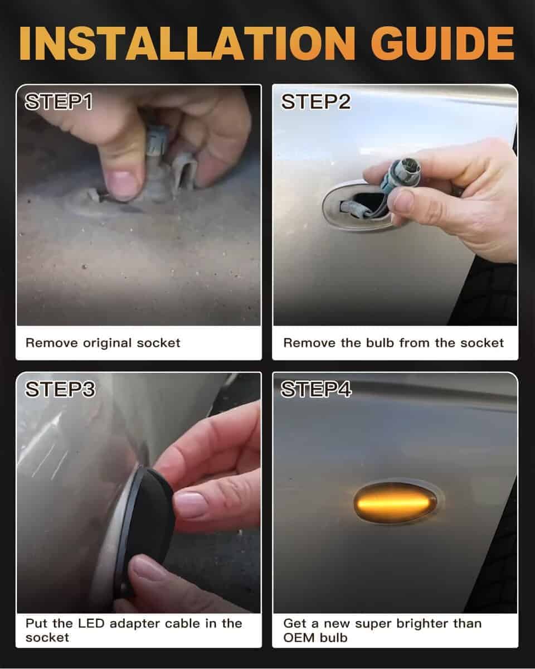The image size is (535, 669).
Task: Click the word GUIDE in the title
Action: click(x=442, y=43)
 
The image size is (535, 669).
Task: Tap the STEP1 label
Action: click(x=59, y=101)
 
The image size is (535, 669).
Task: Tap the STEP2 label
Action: click(x=316, y=101)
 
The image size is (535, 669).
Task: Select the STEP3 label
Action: click(x=60, y=389)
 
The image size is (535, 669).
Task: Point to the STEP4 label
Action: click(x=316, y=389)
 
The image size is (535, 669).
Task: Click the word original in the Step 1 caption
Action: click(x=107, y=343)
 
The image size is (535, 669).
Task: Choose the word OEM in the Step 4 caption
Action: click(x=298, y=638)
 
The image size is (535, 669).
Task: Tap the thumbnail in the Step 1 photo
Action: click(x=124, y=185)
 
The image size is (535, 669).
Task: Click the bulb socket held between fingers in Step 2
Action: click(x=401, y=174)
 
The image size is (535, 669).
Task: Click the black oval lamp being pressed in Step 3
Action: click(x=146, y=529)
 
